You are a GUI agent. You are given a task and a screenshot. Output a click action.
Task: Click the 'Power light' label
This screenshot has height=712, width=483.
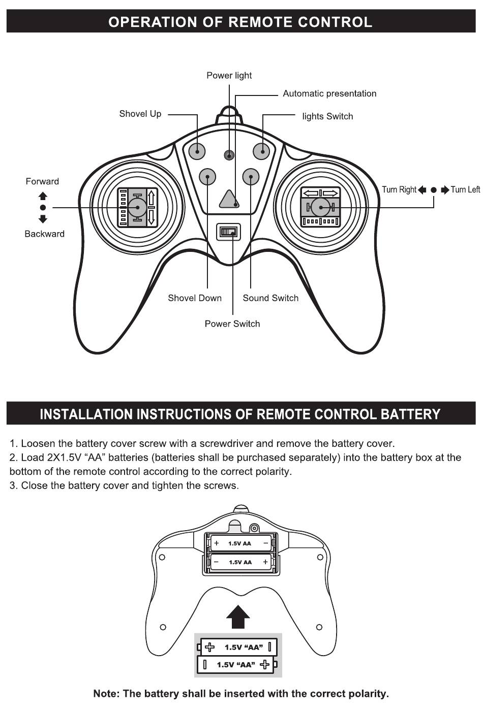click(229, 76)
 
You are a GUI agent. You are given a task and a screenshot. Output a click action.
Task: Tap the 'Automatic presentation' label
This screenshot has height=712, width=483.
click(329, 93)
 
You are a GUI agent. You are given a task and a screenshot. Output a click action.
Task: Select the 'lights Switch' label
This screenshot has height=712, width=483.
click(327, 116)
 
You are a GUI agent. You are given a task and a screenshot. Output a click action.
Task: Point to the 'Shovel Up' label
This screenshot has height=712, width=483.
click(140, 114)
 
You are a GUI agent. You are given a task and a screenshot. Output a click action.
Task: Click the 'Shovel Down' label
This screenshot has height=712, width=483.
click(195, 298)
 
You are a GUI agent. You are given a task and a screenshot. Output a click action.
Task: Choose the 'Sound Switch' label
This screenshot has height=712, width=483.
click(270, 298)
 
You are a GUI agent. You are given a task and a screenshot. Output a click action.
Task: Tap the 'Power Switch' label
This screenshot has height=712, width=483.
click(232, 324)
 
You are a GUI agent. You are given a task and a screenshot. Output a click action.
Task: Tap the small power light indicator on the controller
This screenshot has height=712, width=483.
click(230, 155)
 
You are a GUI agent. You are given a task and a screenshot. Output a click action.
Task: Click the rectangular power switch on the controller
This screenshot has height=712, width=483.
click(228, 232)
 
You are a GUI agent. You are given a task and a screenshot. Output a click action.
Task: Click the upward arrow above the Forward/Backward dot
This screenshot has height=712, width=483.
click(43, 196)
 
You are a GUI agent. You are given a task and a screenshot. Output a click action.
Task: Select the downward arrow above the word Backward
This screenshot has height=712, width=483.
click(43, 219)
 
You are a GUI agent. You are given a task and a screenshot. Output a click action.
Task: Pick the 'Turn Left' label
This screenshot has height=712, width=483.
click(465, 190)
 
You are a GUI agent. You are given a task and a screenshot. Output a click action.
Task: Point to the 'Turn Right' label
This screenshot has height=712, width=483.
click(399, 190)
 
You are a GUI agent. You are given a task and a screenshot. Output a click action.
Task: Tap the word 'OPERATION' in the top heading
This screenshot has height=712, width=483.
click(153, 22)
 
